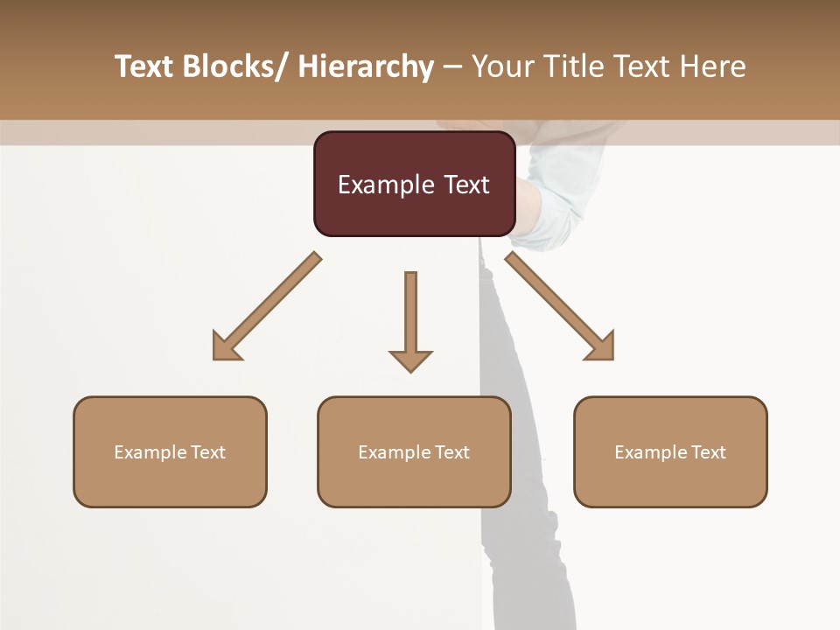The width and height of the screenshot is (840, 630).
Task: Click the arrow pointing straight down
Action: click(x=410, y=315)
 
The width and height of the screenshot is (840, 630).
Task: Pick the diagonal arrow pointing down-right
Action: click(x=560, y=306)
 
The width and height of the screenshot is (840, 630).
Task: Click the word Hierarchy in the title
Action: click(x=366, y=66)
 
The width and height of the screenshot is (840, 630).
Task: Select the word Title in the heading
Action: click(x=572, y=66)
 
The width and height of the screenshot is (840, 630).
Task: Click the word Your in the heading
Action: click(x=501, y=66)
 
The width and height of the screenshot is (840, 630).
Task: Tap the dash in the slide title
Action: click(x=452, y=66)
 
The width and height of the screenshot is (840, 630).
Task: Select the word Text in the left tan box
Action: click(x=208, y=452)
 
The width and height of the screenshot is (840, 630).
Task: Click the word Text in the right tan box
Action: click(x=709, y=452)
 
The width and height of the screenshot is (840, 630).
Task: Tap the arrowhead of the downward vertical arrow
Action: click(x=410, y=360)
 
